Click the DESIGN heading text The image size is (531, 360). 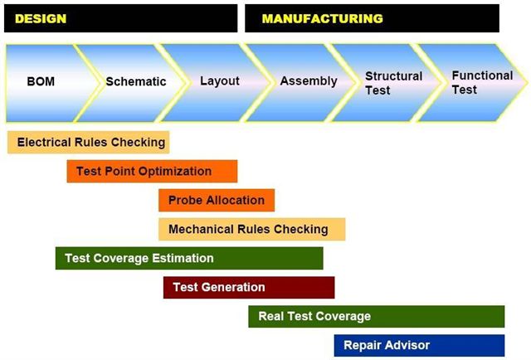click(x=41, y=18)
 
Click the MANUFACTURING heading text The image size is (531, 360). click(x=323, y=18)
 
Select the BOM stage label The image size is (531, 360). click(x=41, y=81)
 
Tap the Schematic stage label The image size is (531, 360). click(x=136, y=81)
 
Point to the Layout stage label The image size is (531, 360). click(x=220, y=81)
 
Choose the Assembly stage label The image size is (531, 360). click(x=309, y=81)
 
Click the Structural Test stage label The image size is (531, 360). click(x=393, y=83)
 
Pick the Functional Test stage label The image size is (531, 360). click(x=482, y=82)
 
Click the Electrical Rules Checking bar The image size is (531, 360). click(x=89, y=142)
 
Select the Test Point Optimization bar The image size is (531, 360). click(x=152, y=172)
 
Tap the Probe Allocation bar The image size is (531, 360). click(x=217, y=200)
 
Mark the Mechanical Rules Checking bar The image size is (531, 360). click(x=252, y=229)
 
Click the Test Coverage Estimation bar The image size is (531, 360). click(x=189, y=259)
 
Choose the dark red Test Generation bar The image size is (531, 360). click(x=249, y=288)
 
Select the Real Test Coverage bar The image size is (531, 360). click(x=376, y=316)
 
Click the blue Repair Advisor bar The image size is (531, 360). click(x=419, y=345)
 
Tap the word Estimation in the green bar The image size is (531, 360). click(x=183, y=259)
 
